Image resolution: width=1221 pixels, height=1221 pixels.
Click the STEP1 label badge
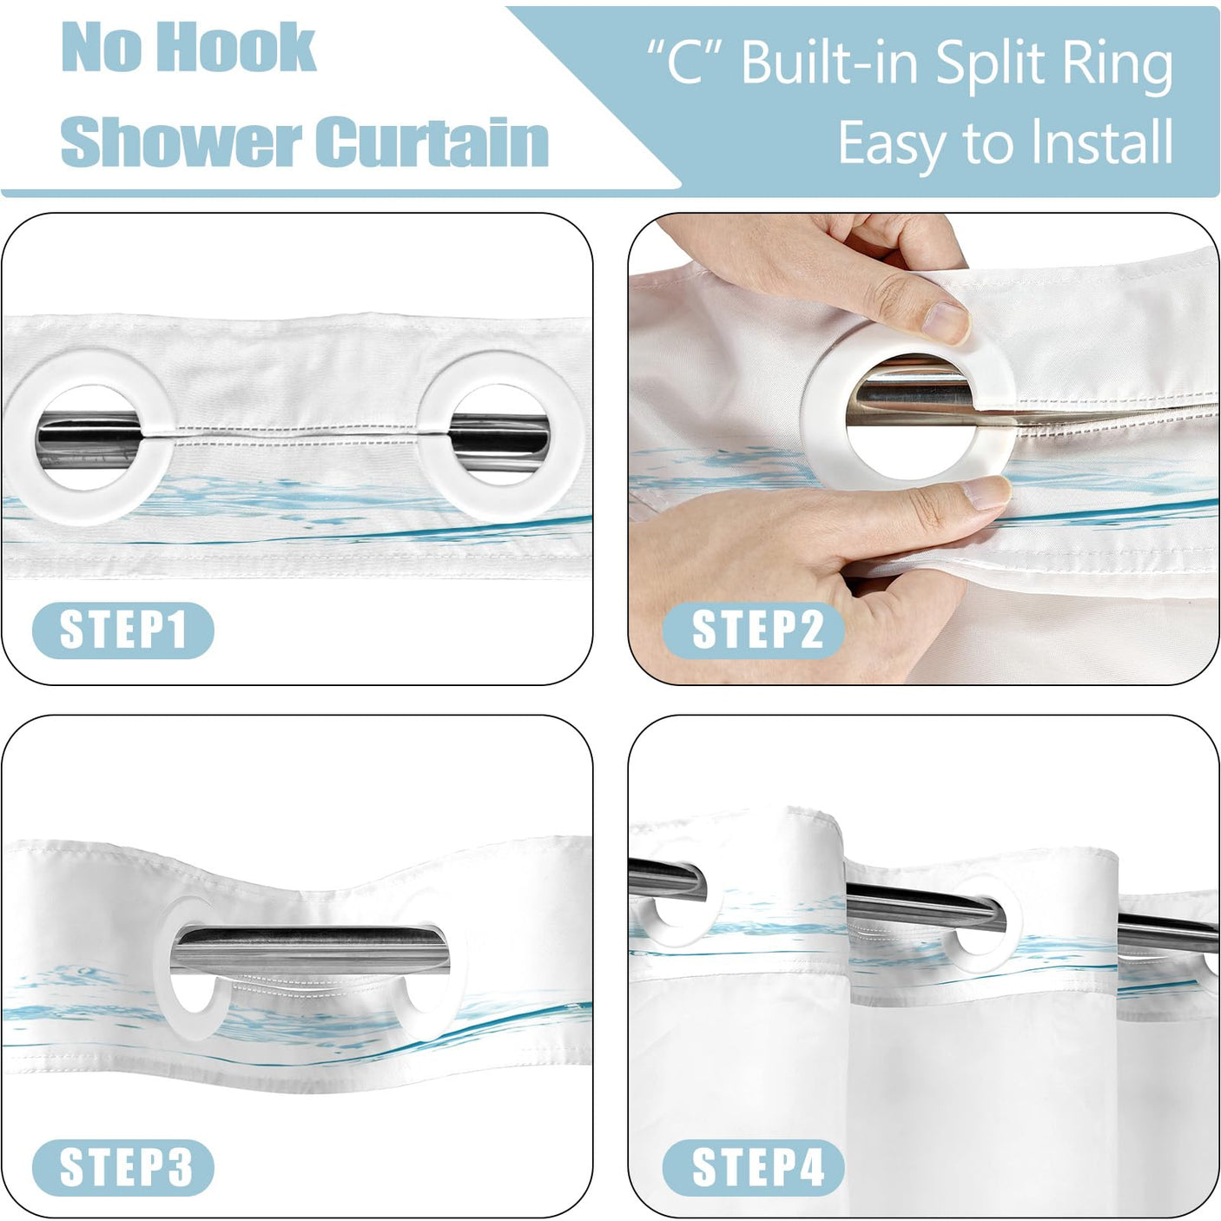[x=123, y=630]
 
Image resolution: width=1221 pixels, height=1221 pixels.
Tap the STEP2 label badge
[x=754, y=630]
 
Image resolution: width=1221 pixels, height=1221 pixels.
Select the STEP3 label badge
[x=123, y=1167]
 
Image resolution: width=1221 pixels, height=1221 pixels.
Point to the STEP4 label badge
[x=754, y=1167]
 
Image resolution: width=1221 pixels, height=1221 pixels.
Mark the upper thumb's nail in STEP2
[x=944, y=323]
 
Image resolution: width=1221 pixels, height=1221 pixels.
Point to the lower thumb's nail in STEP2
[x=986, y=493]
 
